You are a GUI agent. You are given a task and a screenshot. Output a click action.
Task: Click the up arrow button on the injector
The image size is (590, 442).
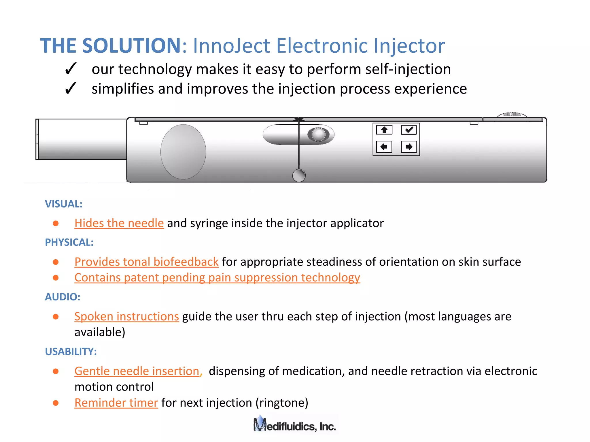pyautogui.click(x=384, y=130)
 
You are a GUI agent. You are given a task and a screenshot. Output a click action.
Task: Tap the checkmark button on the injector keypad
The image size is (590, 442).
pyautogui.click(x=409, y=130)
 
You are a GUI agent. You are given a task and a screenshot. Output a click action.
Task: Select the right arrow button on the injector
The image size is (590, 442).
pyautogui.click(x=409, y=147)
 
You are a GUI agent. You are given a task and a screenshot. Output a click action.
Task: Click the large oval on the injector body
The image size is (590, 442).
pyautogui.click(x=183, y=152)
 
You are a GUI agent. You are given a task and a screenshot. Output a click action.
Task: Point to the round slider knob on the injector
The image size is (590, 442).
pyautogui.click(x=318, y=134)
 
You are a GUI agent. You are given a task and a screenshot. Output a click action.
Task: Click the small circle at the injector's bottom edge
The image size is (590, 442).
pyautogui.click(x=299, y=175)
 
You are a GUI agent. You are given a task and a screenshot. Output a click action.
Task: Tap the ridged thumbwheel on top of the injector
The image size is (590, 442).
pyautogui.click(x=512, y=115)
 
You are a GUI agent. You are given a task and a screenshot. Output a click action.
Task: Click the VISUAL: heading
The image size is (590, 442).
pyautogui.click(x=64, y=204)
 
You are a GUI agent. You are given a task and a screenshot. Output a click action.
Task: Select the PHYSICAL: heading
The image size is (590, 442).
pyautogui.click(x=69, y=242)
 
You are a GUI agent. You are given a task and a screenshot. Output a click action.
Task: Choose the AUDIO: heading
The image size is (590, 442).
pyautogui.click(x=63, y=297)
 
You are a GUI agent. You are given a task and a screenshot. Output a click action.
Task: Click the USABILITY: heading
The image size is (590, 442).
pyautogui.click(x=71, y=352)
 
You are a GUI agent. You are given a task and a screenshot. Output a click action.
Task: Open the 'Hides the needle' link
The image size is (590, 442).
pyautogui.click(x=119, y=223)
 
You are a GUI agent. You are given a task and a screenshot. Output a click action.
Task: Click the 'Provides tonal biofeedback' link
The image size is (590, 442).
pyautogui.click(x=146, y=262)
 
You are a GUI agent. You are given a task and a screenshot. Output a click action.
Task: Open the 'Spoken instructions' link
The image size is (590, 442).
pyautogui.click(x=126, y=317)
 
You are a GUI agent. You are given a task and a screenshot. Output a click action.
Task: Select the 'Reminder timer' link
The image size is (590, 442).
pyautogui.click(x=116, y=403)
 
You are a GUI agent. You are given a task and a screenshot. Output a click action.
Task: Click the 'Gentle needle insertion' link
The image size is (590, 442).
pyautogui.click(x=137, y=371)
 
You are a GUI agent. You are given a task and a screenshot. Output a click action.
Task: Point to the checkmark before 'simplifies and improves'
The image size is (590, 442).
pyautogui.click(x=71, y=88)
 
